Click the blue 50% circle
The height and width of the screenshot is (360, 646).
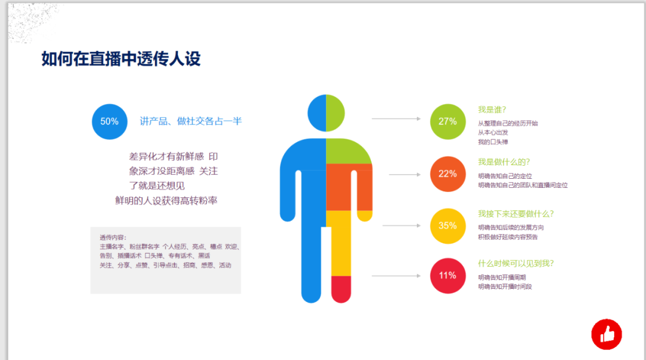pyautogui.click(x=109, y=121)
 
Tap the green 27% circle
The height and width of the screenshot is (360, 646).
pyautogui.click(x=448, y=121)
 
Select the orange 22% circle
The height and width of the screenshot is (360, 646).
pyautogui.click(x=448, y=174)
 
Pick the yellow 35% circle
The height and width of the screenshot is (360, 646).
pyautogui.click(x=448, y=225)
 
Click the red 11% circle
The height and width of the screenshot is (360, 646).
pyautogui.click(x=448, y=276)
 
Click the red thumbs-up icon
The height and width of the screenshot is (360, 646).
pyautogui.click(x=607, y=334)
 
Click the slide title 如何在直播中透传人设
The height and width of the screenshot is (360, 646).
pyautogui.click(x=121, y=59)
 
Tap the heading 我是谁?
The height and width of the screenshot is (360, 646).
pyautogui.click(x=492, y=109)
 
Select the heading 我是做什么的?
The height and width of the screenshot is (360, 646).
pyautogui.click(x=504, y=162)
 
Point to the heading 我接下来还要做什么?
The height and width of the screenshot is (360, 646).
pyautogui.click(x=516, y=213)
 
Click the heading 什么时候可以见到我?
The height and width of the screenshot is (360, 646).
pyautogui.click(x=516, y=264)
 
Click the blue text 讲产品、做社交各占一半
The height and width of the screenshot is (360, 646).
pyautogui.click(x=191, y=121)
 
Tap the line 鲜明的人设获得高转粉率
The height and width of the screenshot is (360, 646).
pyautogui.click(x=166, y=200)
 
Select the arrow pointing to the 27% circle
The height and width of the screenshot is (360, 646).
pyautogui.click(x=397, y=118)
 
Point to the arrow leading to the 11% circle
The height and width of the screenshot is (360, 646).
pyautogui.click(x=397, y=276)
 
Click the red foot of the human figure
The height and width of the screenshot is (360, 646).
pyautogui.click(x=341, y=289)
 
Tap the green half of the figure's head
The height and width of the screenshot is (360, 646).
pyautogui.click(x=336, y=113)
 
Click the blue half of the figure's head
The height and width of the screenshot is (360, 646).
pyautogui.click(x=317, y=113)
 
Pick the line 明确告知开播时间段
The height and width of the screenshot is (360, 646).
pyautogui.click(x=505, y=286)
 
